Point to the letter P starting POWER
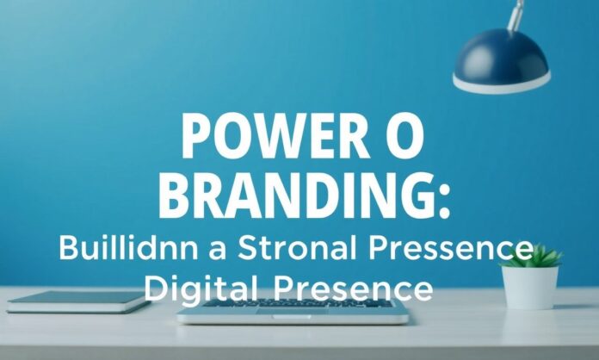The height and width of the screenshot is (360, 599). click(x=198, y=143)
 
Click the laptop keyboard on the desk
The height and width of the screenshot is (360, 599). click(x=293, y=303)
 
